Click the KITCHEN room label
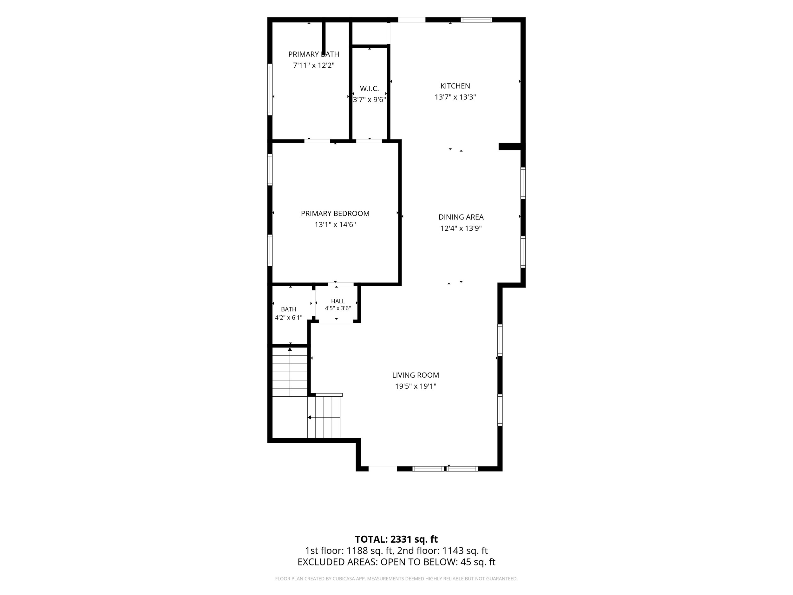pos(455,86)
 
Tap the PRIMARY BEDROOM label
pos(335,213)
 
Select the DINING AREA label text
pos(461,217)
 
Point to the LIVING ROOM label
pos(416,375)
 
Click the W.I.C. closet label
pos(369,89)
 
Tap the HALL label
pos(338,301)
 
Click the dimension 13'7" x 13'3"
pos(455,97)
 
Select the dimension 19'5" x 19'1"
pos(416,386)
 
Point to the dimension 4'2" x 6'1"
pos(289,317)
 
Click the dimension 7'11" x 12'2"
pos(314,65)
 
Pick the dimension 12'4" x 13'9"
pos(461,228)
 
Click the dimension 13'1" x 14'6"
pos(335,225)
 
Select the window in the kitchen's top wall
pos(476,20)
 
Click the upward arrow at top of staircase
pos(290,349)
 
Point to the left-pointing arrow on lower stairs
pos(309,418)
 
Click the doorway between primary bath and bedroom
pos(317,141)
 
